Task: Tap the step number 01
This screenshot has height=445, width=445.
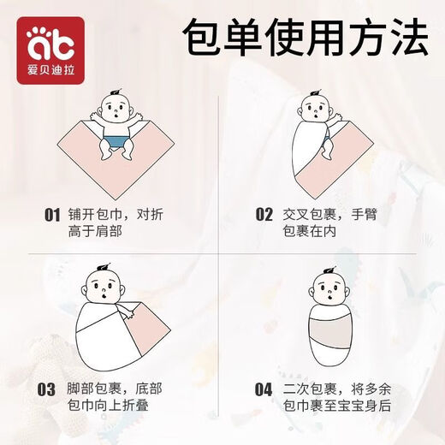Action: (53, 215)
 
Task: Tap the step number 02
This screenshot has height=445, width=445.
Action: (264, 215)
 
